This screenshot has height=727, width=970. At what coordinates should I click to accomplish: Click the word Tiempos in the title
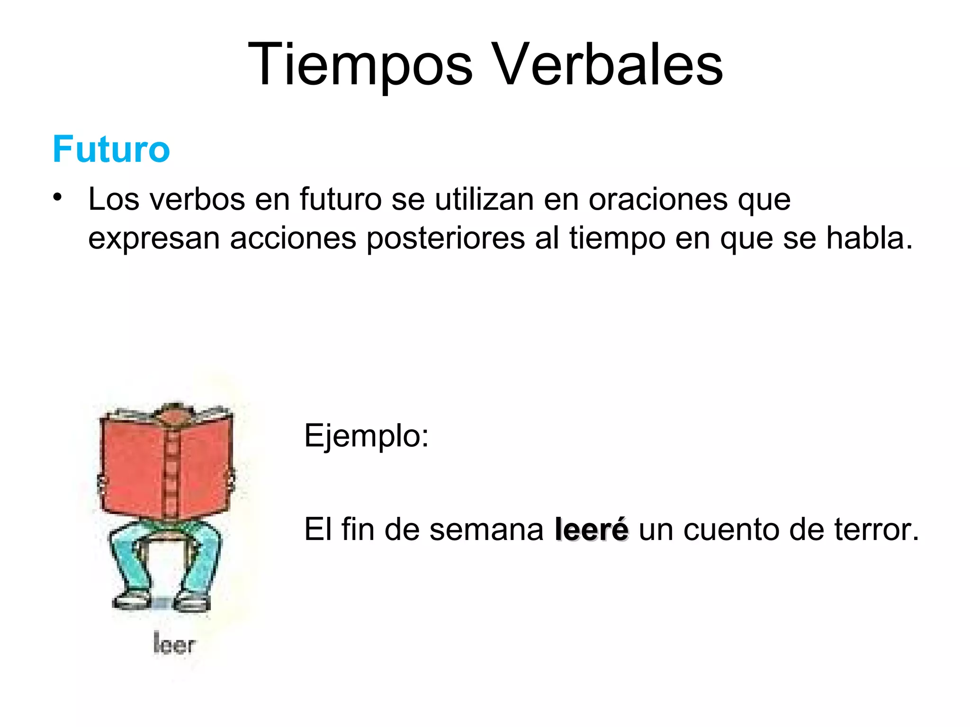(360, 65)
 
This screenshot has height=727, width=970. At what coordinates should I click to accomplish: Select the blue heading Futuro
(111, 149)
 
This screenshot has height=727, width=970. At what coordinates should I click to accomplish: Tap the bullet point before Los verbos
(58, 197)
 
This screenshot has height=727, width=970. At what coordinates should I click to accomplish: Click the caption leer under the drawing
(174, 644)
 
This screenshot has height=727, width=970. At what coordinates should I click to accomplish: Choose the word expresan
(154, 239)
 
